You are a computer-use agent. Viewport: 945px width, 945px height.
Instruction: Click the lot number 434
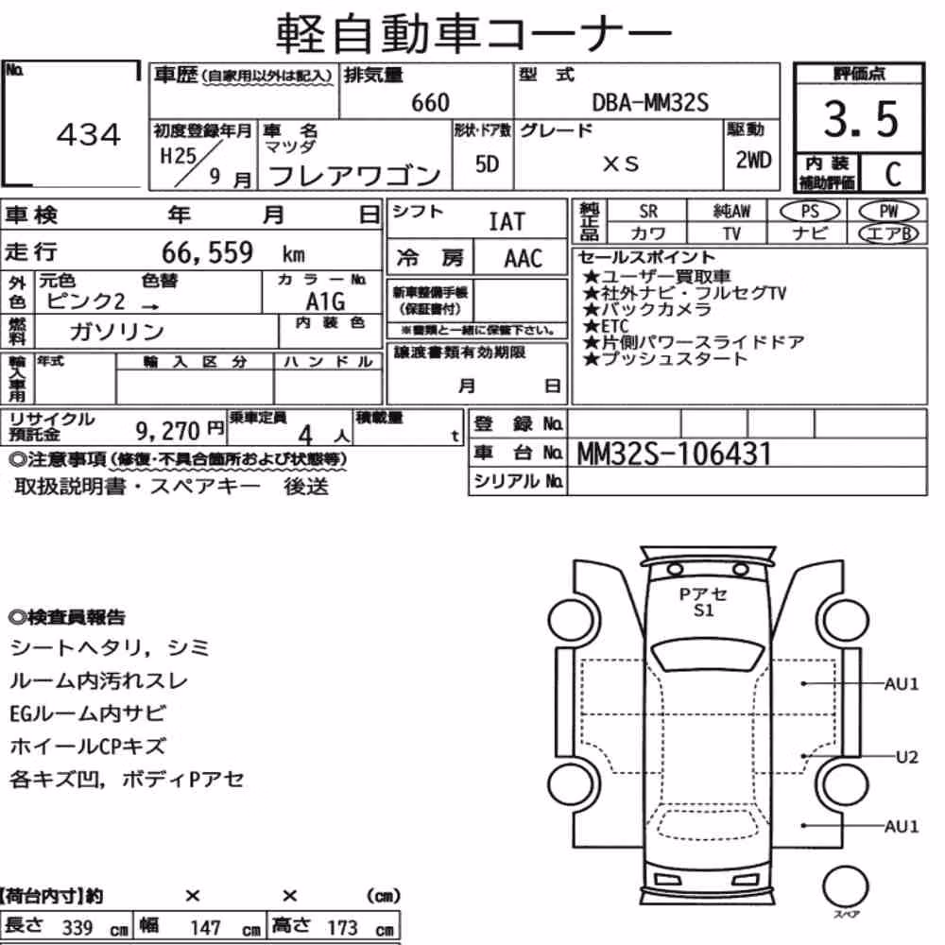coord(89,134)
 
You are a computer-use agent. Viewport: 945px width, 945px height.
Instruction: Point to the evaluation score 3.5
coord(861,119)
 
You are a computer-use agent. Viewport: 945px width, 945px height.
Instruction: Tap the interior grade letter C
coord(893,174)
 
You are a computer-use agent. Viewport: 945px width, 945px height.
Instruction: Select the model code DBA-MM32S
coord(650,102)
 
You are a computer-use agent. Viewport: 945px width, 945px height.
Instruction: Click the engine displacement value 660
coord(430,102)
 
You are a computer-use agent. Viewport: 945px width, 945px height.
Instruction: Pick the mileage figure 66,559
coord(207,252)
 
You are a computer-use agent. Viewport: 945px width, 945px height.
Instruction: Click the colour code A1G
coord(325,301)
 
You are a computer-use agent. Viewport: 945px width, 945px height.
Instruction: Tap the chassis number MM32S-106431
coord(674,454)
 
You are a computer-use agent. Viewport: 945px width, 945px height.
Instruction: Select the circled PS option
coord(810,211)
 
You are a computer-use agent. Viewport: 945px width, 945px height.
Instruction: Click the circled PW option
coord(888,211)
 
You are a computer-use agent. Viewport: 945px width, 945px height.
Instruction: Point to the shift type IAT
coord(507,222)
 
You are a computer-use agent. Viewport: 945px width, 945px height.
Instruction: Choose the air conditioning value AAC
coord(524,259)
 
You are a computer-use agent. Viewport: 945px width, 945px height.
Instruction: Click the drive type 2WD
coord(753,161)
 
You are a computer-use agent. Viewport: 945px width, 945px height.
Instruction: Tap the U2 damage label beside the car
coord(907,757)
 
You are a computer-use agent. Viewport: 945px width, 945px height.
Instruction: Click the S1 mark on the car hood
coord(703,610)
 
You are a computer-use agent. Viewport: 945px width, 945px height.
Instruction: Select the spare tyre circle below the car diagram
coord(845,886)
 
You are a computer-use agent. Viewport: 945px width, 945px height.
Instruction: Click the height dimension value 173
coord(342,927)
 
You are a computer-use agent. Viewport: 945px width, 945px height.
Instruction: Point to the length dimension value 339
coord(77,927)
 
